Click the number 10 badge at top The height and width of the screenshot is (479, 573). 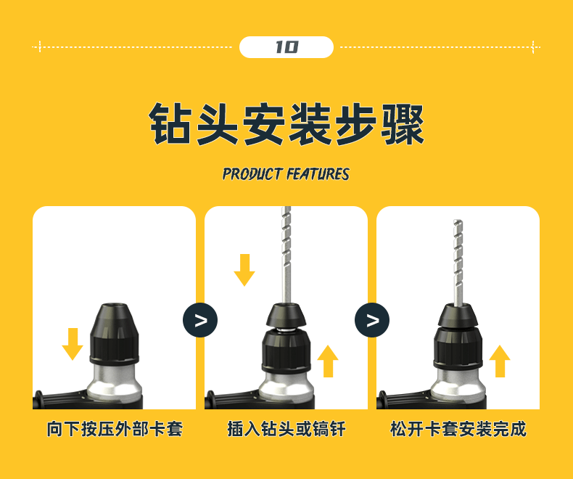point(286,47)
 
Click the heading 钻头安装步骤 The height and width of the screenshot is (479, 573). point(286,124)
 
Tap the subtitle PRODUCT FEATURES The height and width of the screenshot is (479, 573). point(286,174)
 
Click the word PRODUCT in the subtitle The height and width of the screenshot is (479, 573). point(252,174)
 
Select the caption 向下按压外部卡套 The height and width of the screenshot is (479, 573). point(115,429)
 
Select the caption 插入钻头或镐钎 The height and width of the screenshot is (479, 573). point(286,429)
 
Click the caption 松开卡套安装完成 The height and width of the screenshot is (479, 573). point(458,429)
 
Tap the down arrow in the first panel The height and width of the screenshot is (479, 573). point(73,343)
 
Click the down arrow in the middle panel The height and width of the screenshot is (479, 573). point(244,269)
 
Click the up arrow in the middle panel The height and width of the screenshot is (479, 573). point(328,361)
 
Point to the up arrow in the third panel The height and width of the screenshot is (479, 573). point(499,361)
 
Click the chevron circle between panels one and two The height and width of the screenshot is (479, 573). point(200,320)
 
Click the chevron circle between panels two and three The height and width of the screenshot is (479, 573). point(372,320)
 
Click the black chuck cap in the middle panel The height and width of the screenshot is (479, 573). point(286,314)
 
